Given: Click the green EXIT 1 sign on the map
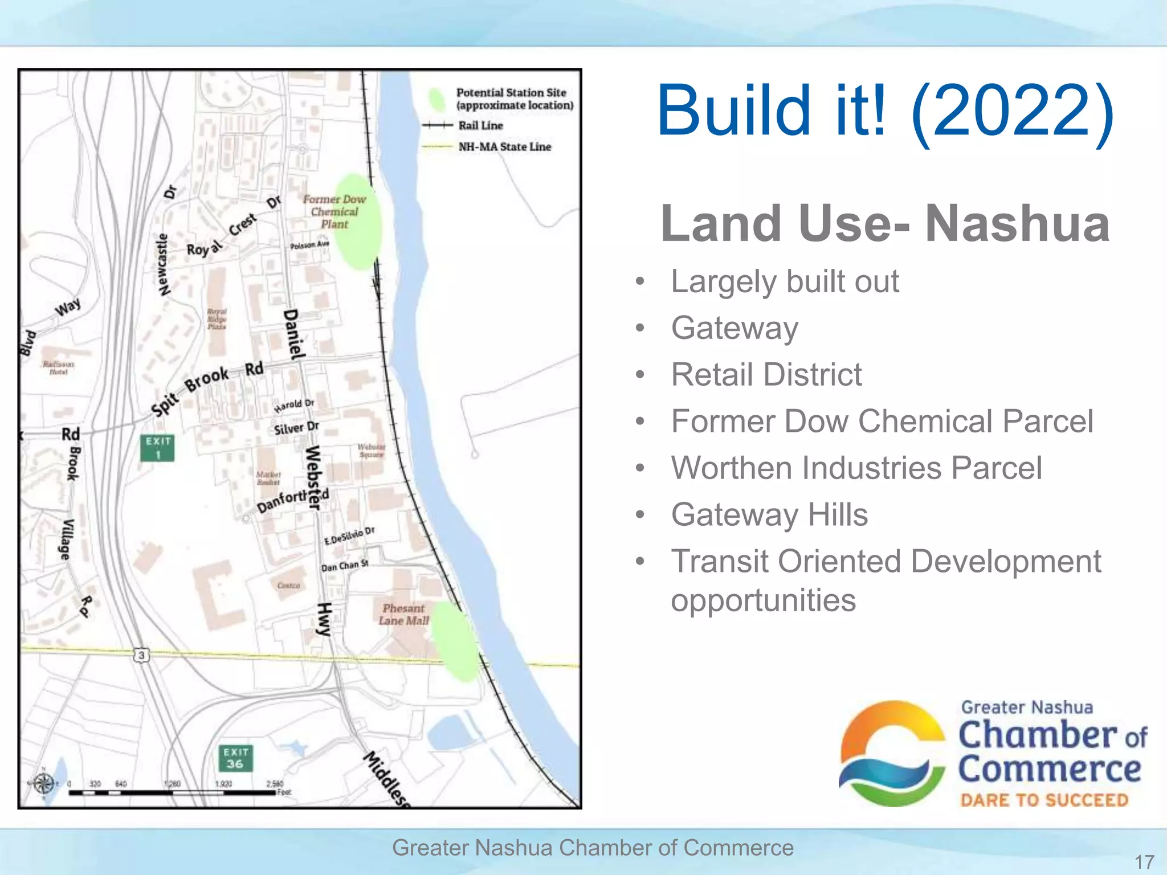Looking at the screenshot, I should pyautogui.click(x=157, y=448).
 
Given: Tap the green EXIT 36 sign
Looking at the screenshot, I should pyautogui.click(x=235, y=758).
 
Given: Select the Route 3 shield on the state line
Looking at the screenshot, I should pyautogui.click(x=141, y=655).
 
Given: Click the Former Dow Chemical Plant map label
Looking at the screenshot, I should pyautogui.click(x=334, y=211).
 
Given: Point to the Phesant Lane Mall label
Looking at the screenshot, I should pyautogui.click(x=403, y=615).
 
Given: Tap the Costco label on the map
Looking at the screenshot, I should pyautogui.click(x=288, y=586).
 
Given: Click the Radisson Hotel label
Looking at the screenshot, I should pyautogui.click(x=58, y=367).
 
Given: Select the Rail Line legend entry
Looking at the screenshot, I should pyautogui.click(x=480, y=125).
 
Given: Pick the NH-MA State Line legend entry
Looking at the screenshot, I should pyautogui.click(x=504, y=147).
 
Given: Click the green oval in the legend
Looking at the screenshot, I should pyautogui.click(x=437, y=100).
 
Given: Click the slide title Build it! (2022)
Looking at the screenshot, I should pyautogui.click(x=885, y=111).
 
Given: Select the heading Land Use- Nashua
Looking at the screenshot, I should pyautogui.click(x=885, y=223).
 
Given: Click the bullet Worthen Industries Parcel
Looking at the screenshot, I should pyautogui.click(x=856, y=468).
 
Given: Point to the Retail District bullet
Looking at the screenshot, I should pyautogui.click(x=766, y=375).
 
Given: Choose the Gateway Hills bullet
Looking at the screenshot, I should pyautogui.click(x=769, y=515).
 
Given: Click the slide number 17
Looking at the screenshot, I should pyautogui.click(x=1144, y=861).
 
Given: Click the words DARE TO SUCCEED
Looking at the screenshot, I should pyautogui.click(x=1044, y=800).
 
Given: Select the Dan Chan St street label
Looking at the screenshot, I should pyautogui.click(x=345, y=566).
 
